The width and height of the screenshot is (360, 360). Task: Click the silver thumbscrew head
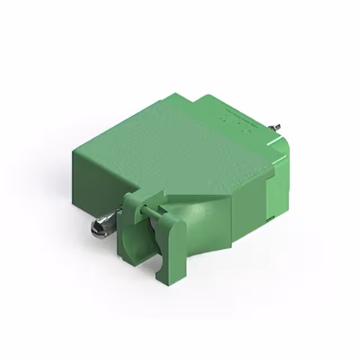[98, 228]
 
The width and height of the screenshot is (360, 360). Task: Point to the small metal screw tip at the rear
[277, 129]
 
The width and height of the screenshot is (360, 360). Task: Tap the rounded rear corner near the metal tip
[284, 146]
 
